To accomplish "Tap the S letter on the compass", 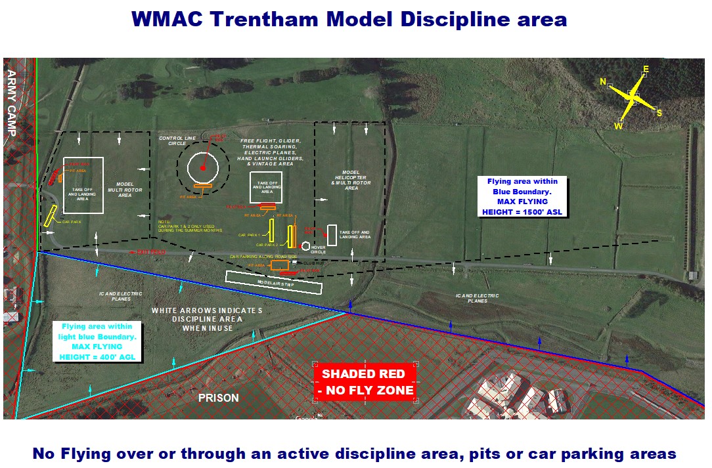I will [659, 113].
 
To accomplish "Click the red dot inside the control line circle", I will [203, 168].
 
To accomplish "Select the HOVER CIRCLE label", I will [318, 249].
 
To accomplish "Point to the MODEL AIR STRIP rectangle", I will [273, 282].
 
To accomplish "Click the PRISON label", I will [219, 398].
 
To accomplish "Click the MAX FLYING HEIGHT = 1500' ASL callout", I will [523, 196].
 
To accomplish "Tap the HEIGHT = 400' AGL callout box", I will [97, 341].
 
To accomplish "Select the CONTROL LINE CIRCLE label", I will [172, 140].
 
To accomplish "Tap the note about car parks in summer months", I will [183, 225].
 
